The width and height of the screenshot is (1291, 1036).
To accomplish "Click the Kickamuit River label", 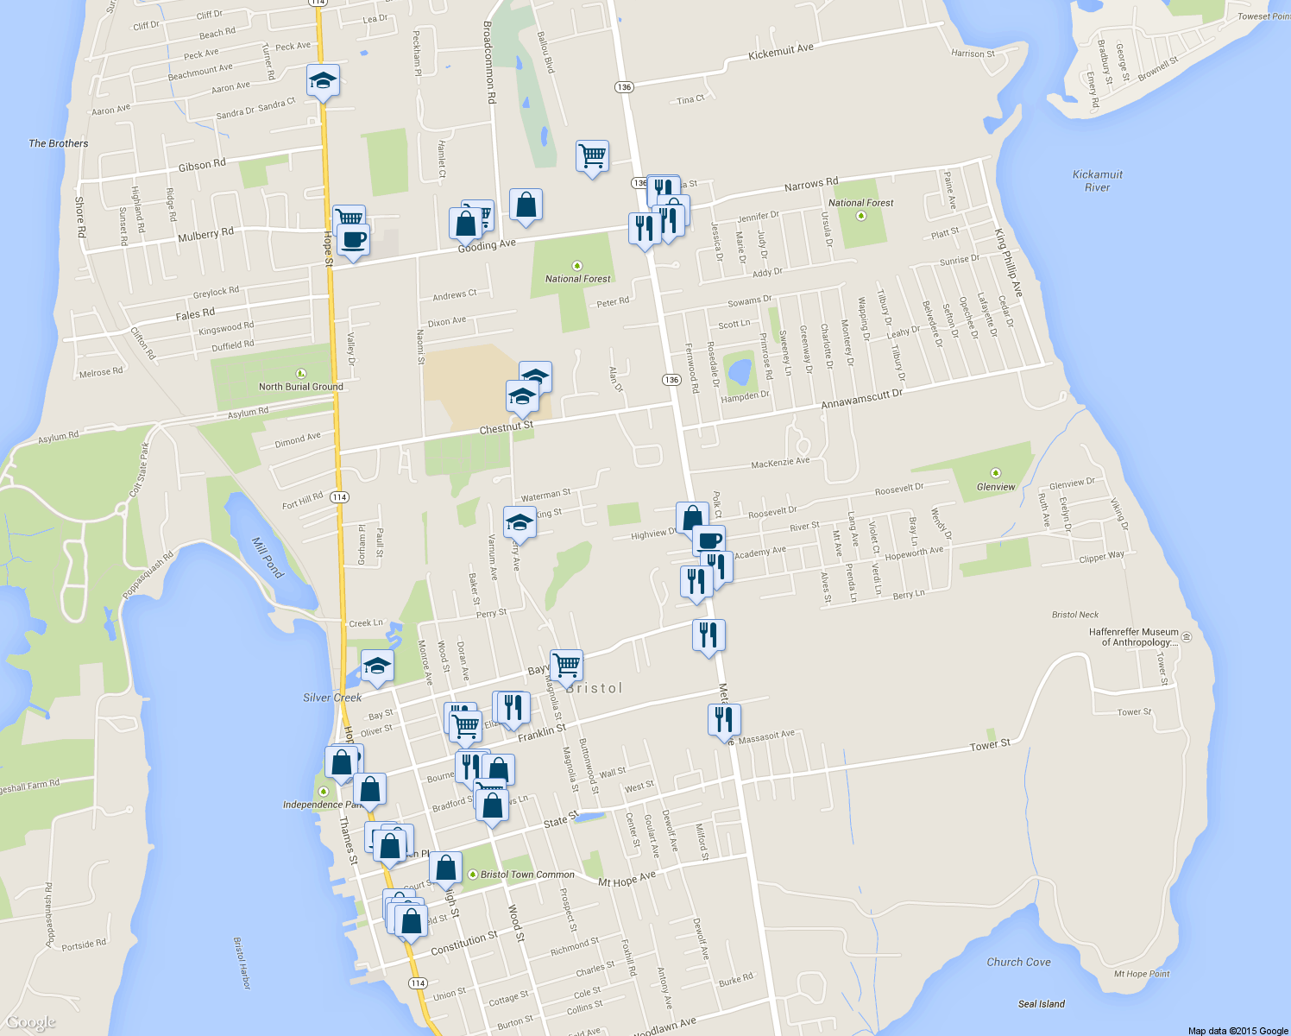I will click(x=1097, y=180).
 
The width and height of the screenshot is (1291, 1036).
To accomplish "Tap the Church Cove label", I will click(x=1018, y=962).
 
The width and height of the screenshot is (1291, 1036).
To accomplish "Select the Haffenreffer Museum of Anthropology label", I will click(x=1133, y=637).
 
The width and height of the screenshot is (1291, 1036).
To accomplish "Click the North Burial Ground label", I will click(x=300, y=386).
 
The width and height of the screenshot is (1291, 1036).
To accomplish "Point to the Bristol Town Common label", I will click(x=526, y=875).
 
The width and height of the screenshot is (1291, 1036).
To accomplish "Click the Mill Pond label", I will click(x=268, y=557).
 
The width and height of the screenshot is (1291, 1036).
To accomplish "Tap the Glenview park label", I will click(x=996, y=487).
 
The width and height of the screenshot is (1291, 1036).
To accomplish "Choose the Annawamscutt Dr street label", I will click(x=861, y=399).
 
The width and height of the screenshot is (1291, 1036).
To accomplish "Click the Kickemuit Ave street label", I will click(x=780, y=52).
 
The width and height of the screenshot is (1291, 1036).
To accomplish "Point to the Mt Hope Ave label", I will click(x=627, y=880).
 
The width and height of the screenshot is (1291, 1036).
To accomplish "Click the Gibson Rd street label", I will click(x=202, y=165).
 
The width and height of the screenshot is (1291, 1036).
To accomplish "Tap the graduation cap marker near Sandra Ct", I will click(x=323, y=81).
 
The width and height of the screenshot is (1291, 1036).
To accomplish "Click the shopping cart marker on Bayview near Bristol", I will click(x=566, y=666).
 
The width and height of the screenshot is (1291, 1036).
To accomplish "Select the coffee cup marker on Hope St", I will click(x=353, y=239).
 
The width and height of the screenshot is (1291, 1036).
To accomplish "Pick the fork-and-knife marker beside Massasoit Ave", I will click(x=724, y=719).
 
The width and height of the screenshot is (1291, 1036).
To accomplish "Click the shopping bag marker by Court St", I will click(x=445, y=868).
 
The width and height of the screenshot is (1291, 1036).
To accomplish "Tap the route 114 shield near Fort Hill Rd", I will click(x=339, y=497).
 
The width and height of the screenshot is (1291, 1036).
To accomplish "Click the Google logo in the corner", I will click(x=31, y=1023).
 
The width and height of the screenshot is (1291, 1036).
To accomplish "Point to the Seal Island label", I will click(x=1041, y=1004).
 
